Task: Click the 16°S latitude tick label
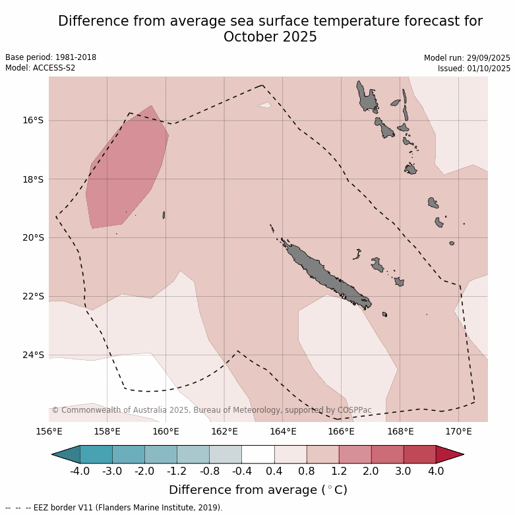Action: [x=33, y=121]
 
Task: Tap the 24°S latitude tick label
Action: [x=33, y=355]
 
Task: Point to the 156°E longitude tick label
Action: [x=49, y=432]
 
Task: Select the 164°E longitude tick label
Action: [x=283, y=432]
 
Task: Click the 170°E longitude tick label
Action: [x=458, y=432]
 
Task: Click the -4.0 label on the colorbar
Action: [x=80, y=471]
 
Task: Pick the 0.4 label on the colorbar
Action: [x=274, y=471]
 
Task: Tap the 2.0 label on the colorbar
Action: [x=371, y=471]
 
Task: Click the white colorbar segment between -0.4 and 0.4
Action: [x=258, y=454]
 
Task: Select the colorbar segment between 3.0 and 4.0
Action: [x=419, y=454]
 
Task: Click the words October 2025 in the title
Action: [x=270, y=37]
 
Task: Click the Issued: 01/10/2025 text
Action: [x=473, y=68]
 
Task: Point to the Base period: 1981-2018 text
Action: [x=51, y=57]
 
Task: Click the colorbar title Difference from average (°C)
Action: [x=258, y=490]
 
